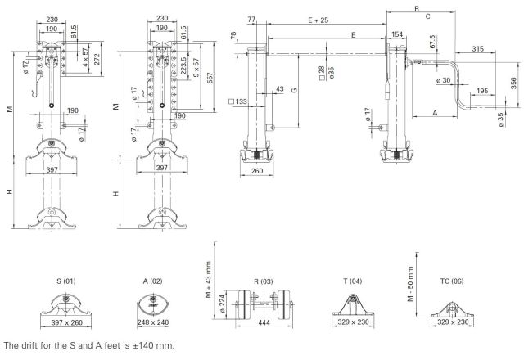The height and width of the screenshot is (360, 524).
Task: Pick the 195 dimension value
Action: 482,92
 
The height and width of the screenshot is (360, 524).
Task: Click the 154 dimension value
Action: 397,35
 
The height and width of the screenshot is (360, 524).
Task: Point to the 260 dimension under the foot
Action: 256,172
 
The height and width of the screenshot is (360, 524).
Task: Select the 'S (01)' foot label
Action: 67,281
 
